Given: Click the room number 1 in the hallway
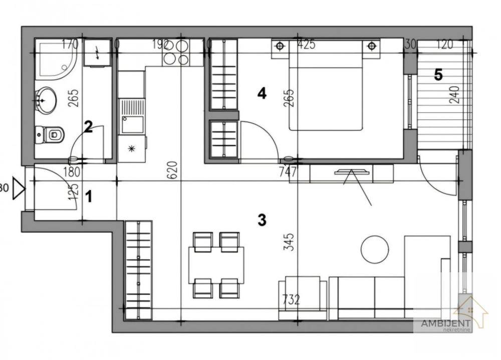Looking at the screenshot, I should [x=89, y=197].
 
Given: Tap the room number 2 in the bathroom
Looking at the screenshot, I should [x=88, y=126].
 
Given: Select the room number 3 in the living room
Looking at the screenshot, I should [x=262, y=220].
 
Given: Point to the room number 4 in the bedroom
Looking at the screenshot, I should [x=262, y=93].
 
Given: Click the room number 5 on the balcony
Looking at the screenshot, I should [x=438, y=75].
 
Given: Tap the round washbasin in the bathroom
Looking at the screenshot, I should [x=46, y=100].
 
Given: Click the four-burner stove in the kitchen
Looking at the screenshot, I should [x=176, y=52].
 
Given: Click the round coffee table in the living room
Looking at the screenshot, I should [x=375, y=249].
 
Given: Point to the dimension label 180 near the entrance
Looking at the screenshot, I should [x=72, y=173].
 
